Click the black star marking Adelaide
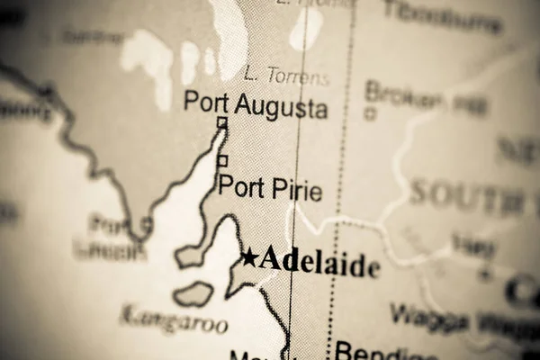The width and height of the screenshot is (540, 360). coord(248,259)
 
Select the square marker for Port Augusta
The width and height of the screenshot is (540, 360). coord(222,123)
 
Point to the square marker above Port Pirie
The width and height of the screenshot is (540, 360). coord(222,160)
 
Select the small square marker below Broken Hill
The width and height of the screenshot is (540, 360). coord(370,114)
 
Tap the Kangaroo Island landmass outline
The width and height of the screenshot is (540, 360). coord(193,293)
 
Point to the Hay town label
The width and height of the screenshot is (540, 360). coord(473,244)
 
